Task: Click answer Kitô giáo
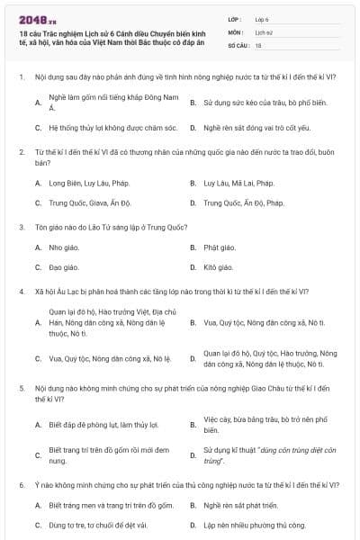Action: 219,267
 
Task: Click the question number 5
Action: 22,388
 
